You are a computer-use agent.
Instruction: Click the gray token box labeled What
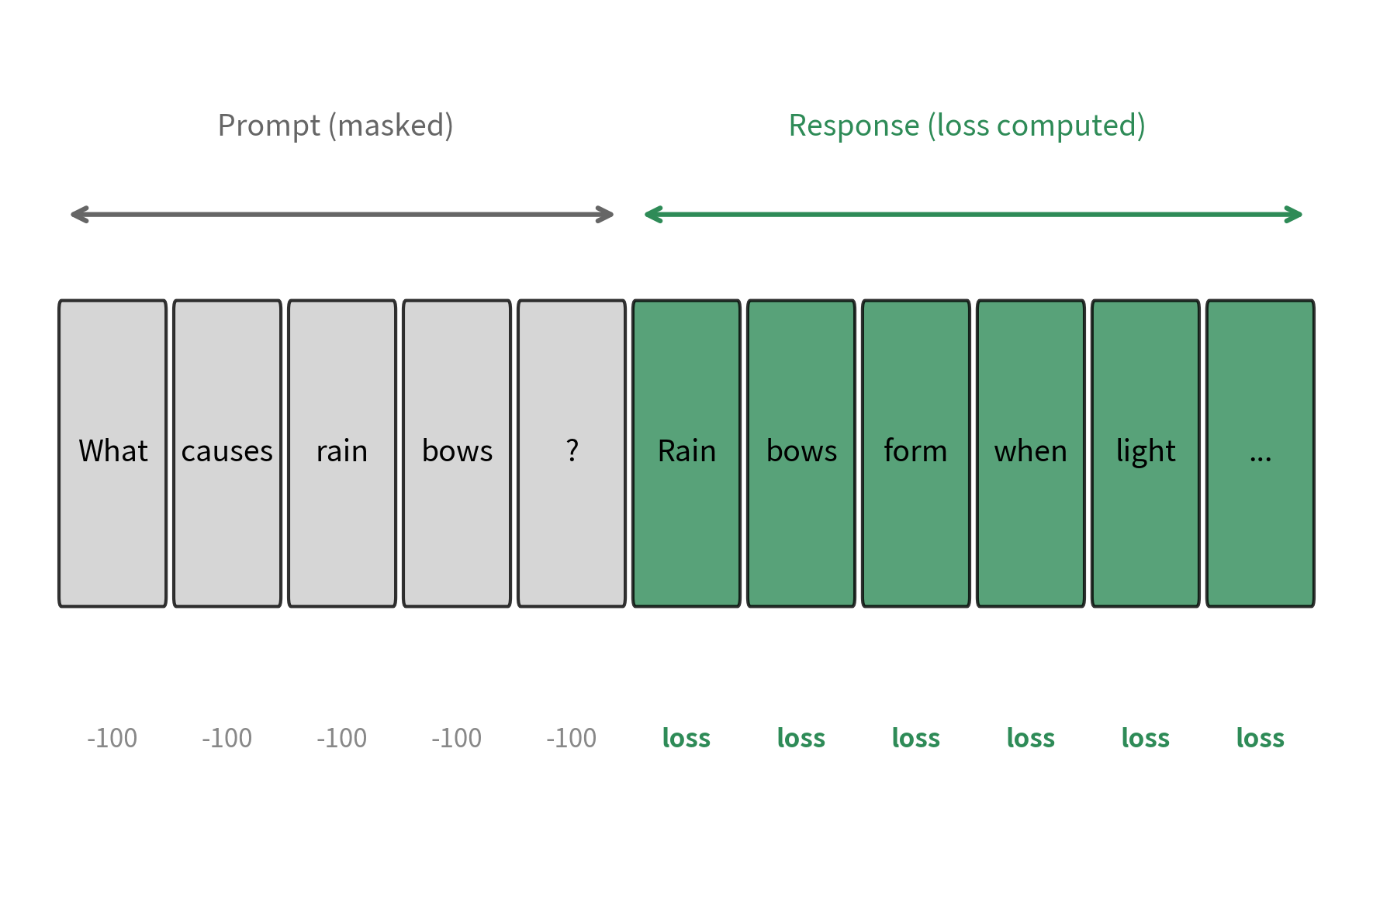(112, 453)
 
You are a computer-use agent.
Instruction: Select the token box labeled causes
(227, 453)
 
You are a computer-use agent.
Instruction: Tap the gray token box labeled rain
(342, 453)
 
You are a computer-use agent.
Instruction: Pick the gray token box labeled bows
(457, 453)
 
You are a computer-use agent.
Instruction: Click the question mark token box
(572, 453)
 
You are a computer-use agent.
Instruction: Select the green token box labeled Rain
(686, 453)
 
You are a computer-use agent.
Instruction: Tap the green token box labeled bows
(801, 453)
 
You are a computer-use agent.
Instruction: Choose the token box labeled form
(916, 453)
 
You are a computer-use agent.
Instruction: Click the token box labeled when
(1031, 453)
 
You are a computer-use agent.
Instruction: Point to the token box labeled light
(1146, 453)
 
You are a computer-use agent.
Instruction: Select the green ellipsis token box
(1261, 453)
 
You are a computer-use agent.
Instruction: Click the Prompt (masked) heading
(335, 126)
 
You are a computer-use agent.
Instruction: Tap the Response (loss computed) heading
(967, 126)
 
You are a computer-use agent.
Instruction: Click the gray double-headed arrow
(342, 215)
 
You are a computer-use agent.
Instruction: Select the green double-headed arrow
(974, 215)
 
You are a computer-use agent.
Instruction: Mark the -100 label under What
(112, 738)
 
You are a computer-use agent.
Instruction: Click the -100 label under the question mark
(572, 738)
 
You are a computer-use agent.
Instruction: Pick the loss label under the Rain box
(686, 738)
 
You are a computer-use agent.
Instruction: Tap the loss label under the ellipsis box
(1261, 738)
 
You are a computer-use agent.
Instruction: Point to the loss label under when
(1031, 738)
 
